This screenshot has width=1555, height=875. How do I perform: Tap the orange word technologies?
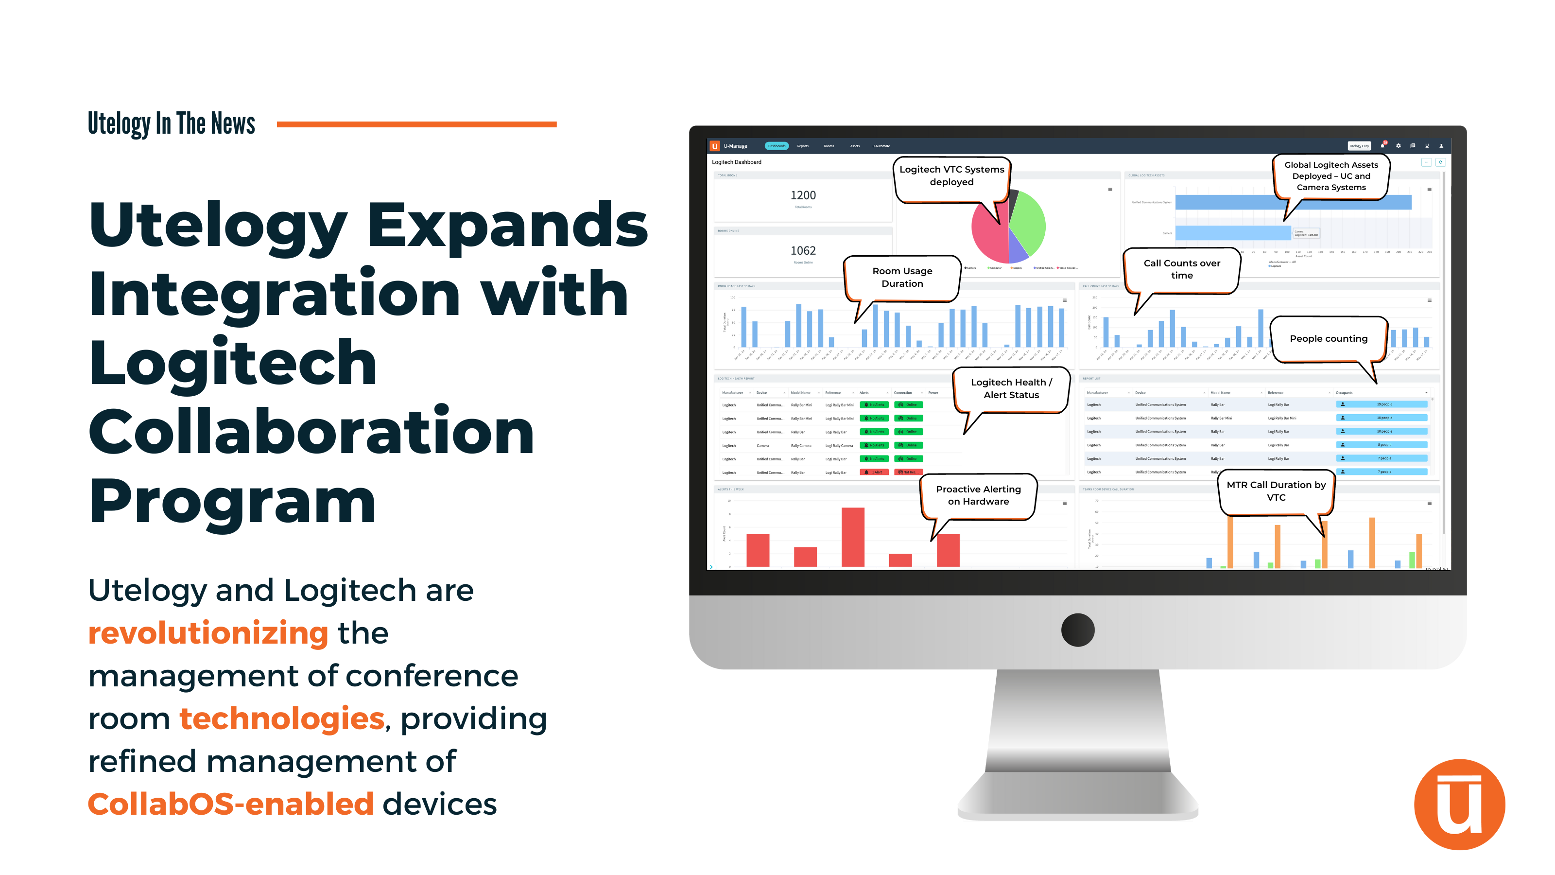click(x=281, y=718)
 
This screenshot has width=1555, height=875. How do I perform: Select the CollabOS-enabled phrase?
click(x=231, y=805)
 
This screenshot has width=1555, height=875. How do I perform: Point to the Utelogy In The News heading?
click(x=172, y=124)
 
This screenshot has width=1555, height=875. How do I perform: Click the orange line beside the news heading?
click(x=416, y=124)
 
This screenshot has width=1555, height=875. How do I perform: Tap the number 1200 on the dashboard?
click(x=803, y=195)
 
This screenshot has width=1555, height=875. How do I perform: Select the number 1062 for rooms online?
click(x=803, y=251)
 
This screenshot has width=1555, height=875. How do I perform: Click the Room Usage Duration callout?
click(x=902, y=277)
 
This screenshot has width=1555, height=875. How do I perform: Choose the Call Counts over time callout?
click(x=1181, y=269)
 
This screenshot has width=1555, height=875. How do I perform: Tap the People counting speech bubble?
click(x=1328, y=339)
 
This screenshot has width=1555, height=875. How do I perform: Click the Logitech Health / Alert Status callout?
click(x=1011, y=389)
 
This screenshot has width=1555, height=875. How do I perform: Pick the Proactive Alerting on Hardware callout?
click(x=978, y=495)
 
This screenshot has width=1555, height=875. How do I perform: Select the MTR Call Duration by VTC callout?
click(x=1276, y=491)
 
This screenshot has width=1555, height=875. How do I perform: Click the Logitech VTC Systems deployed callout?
click(x=951, y=175)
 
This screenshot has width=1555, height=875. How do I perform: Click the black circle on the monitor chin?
click(x=1077, y=630)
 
